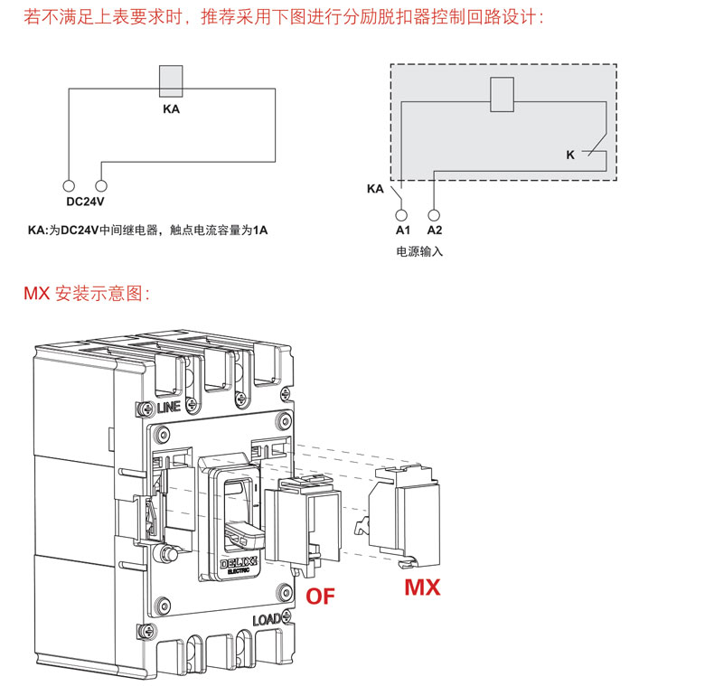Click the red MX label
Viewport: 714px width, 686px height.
tap(422, 587)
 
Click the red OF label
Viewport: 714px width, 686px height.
tap(321, 595)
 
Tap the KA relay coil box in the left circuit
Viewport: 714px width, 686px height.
tap(171, 81)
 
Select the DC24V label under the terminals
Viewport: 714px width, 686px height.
tap(86, 202)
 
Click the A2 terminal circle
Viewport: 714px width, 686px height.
tap(434, 216)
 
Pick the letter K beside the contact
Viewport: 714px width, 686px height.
tap(570, 155)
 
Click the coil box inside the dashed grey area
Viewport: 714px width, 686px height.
tap(502, 95)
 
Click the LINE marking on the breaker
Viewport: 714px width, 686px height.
tap(169, 408)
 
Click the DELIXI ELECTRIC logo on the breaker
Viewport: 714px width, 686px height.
tap(240, 565)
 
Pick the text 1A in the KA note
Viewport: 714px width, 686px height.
tap(259, 231)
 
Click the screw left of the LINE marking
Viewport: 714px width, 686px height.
tap(146, 408)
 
